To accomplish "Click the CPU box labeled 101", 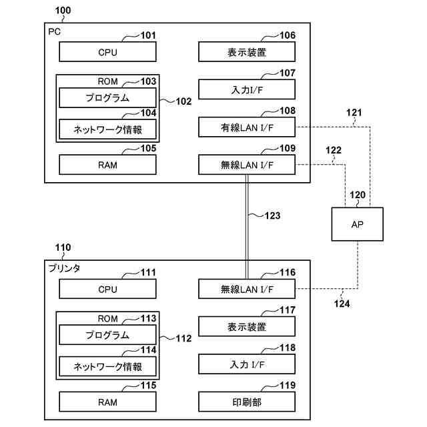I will point(107,51).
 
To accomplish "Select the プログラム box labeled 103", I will point(107,97).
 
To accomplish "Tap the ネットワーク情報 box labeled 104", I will point(107,128).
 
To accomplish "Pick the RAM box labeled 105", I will point(107,164).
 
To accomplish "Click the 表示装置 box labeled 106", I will point(246,51).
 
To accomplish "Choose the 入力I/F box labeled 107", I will point(246,89).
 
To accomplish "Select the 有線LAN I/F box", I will point(246,127).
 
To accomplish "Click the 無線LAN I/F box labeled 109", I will point(246,164).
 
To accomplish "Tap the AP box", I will point(358,224).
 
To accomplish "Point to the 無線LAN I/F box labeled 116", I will point(246,289).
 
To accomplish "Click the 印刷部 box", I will point(246,401).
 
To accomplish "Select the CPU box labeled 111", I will point(107,289).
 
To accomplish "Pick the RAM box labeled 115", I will point(107,401).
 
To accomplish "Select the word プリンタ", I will point(65,268).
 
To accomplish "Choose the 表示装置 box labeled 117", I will point(246,326).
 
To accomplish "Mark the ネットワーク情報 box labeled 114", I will point(107,366).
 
